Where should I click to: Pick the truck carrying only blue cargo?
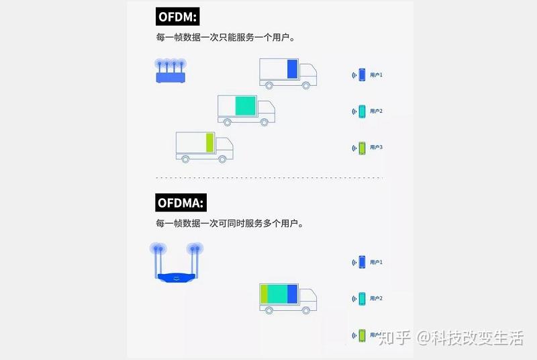[288, 73]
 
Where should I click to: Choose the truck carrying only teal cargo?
[246, 109]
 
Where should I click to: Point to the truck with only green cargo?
[204, 146]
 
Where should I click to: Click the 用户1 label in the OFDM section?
[377, 75]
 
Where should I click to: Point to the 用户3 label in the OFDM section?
[377, 147]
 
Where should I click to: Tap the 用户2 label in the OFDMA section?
[377, 298]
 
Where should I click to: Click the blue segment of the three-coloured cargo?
[293, 294]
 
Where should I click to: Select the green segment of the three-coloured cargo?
[264, 294]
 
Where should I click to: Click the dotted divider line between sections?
[268, 178]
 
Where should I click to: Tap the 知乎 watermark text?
[395, 338]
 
